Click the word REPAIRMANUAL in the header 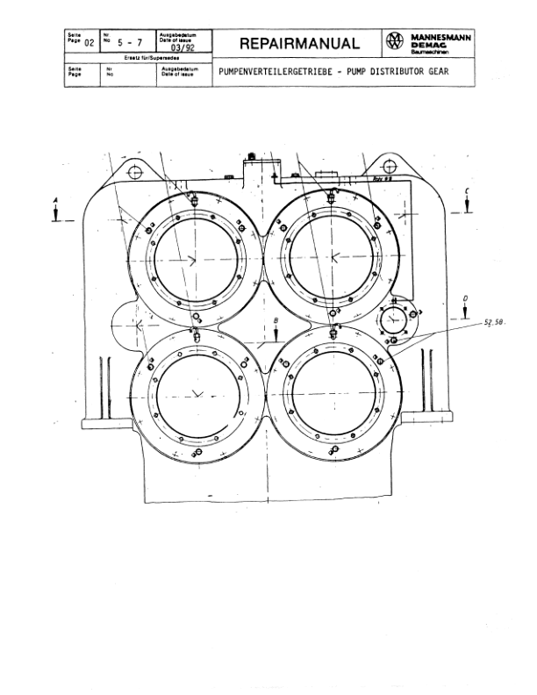tap(300, 44)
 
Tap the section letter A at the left tap(56, 200)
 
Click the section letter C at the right tap(468, 190)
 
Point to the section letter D tap(465, 299)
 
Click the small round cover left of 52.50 tap(395, 321)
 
